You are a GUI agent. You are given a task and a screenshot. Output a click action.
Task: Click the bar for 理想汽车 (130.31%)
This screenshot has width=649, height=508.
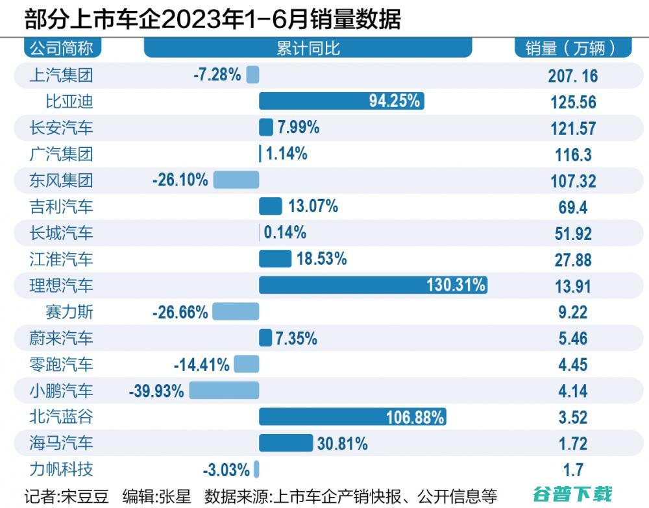tap(373, 285)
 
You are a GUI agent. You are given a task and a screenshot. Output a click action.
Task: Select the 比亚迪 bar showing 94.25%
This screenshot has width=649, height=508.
tap(341, 101)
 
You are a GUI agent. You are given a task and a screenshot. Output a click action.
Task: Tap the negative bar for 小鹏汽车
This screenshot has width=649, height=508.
tap(223, 391)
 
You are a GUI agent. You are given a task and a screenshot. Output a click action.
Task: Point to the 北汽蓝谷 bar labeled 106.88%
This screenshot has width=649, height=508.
tap(352, 417)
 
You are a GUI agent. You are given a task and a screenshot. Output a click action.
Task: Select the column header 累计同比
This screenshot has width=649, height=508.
tap(308, 48)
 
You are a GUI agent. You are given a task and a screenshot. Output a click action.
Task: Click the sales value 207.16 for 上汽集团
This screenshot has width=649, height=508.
tap(572, 76)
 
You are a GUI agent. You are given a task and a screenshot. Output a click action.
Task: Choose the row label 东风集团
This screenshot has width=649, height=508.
tap(62, 180)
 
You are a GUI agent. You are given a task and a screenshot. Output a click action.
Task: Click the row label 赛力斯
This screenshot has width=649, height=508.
tap(70, 312)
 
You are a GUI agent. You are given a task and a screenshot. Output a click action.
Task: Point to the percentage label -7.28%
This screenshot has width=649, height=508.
tap(217, 75)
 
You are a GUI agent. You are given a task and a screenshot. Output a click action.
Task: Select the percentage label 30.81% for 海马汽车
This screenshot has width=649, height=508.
tap(342, 444)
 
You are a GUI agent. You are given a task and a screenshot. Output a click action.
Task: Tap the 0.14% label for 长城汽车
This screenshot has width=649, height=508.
tap(284, 232)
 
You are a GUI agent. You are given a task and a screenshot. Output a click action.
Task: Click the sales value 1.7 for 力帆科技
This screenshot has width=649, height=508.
tap(572, 470)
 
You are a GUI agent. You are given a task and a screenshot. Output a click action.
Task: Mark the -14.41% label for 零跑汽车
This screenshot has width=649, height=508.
tap(201, 365)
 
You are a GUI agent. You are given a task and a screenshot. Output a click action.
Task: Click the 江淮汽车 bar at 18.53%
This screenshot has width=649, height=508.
tap(275, 259)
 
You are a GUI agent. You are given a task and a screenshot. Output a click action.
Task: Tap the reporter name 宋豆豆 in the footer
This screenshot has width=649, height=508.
tap(85, 497)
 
